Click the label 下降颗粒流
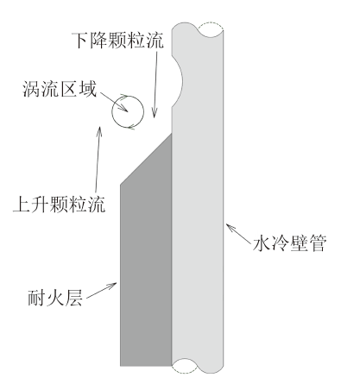click(117, 41)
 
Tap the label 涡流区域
click(60, 89)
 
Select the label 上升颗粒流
click(60, 204)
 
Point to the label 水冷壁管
click(290, 244)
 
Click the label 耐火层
click(55, 298)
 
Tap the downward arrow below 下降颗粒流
click(155, 85)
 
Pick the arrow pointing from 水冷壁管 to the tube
click(238, 234)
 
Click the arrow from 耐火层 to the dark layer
click(101, 291)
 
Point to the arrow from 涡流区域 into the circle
click(114, 102)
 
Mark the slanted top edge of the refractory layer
click(146, 159)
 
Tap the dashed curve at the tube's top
click(211, 23)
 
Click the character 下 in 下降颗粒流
click(79, 41)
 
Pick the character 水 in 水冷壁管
click(262, 244)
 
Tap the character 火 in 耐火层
click(55, 298)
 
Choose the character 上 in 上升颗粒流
click(22, 204)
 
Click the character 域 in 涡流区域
click(88, 89)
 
